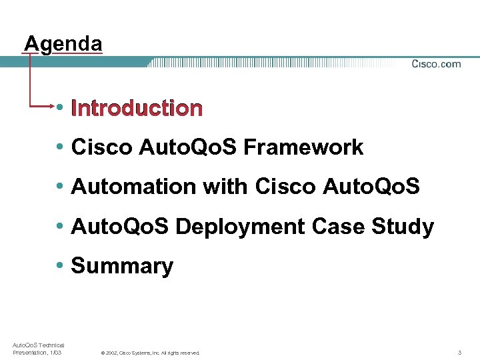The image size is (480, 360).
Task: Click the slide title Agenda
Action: [x=63, y=44]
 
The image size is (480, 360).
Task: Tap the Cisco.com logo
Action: [x=436, y=64]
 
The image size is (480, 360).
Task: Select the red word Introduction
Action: [x=137, y=108]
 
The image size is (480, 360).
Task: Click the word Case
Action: [x=345, y=227]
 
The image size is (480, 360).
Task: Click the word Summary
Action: [x=122, y=266]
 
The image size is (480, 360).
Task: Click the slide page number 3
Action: [x=460, y=352]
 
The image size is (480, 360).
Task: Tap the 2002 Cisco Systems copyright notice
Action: [x=150, y=353]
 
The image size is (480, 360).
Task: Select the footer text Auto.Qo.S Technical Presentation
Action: [x=38, y=349]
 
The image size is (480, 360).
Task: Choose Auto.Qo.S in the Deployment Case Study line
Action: [x=121, y=227]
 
